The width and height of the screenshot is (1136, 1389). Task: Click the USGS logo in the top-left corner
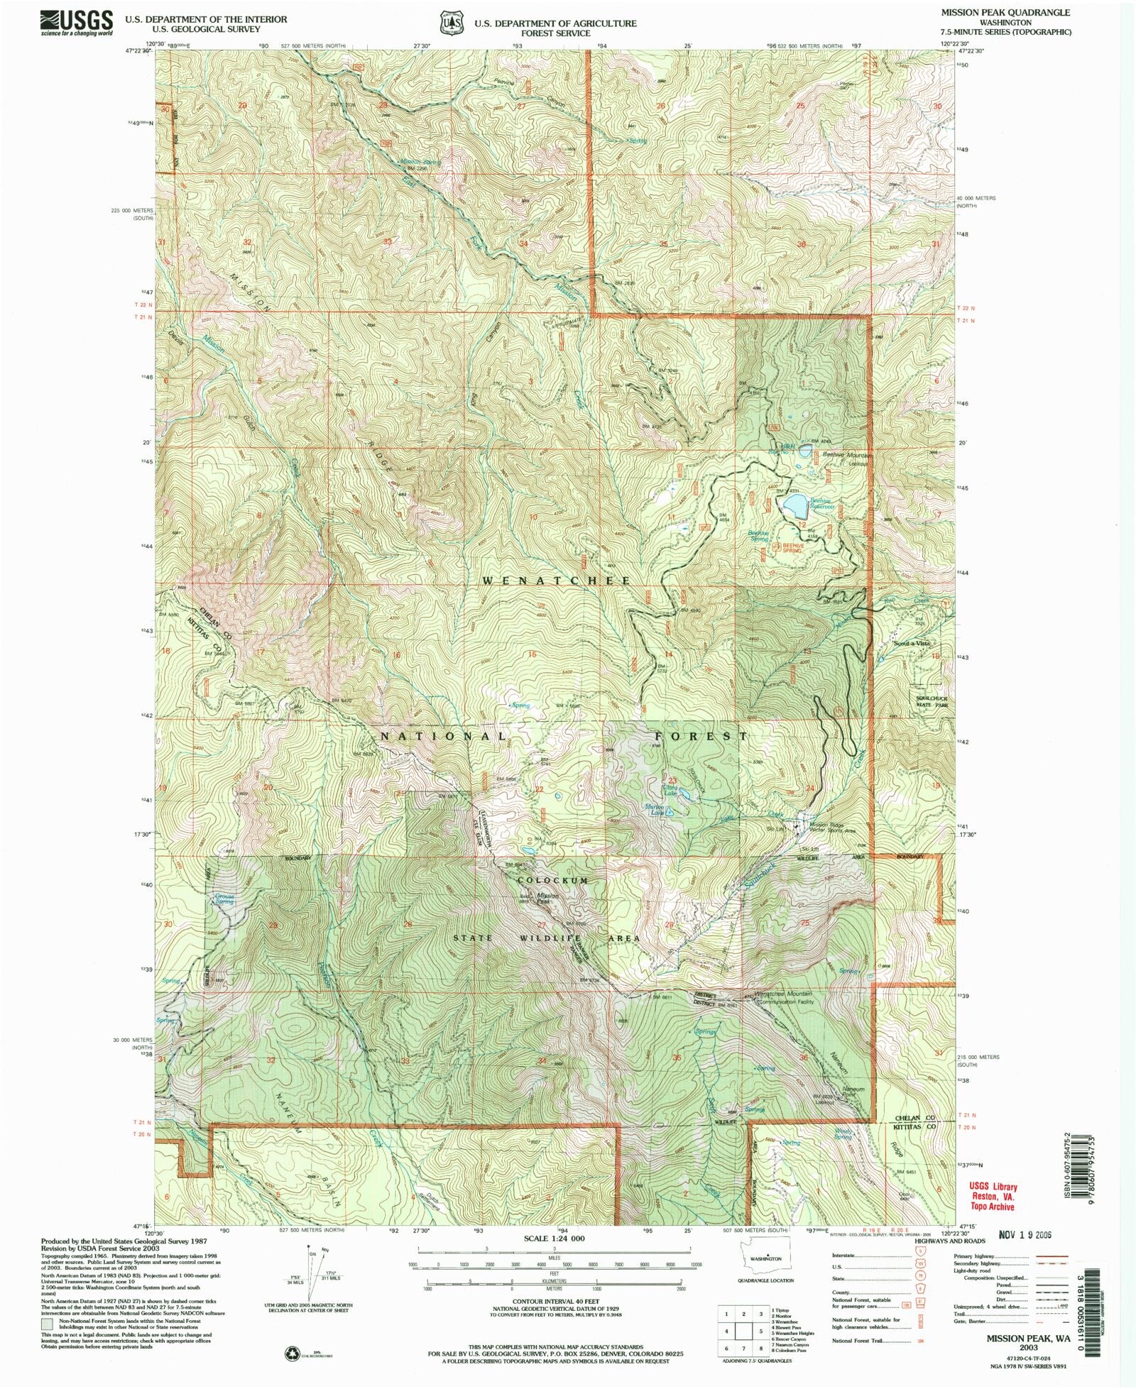point(77,23)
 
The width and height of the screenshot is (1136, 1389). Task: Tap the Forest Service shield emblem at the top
point(447,22)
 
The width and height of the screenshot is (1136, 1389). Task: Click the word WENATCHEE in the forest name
point(556,581)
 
